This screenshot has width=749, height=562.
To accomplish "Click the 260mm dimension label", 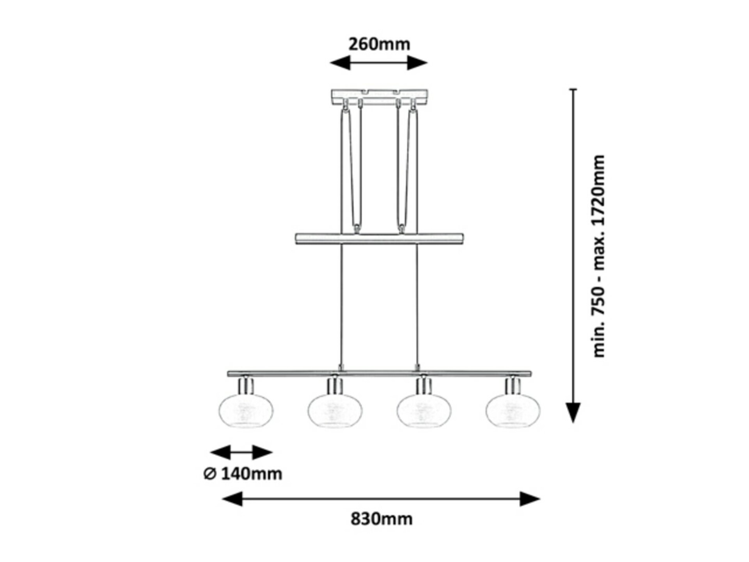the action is [x=379, y=44].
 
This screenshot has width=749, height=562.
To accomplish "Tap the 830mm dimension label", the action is [x=381, y=519].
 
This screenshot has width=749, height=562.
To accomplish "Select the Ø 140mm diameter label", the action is [x=243, y=474].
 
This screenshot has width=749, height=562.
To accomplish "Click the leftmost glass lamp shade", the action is [x=246, y=411].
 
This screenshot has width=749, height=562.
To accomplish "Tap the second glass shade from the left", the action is [x=335, y=411].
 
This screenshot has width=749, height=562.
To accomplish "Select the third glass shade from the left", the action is [x=424, y=411].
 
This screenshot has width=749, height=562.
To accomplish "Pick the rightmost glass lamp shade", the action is [x=513, y=411].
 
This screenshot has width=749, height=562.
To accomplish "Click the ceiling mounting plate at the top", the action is [x=379, y=97].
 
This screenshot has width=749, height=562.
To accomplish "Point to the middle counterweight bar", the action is [x=379, y=239].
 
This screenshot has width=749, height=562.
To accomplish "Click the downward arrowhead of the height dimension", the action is [x=573, y=413].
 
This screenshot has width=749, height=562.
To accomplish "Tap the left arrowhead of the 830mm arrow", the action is [x=233, y=499].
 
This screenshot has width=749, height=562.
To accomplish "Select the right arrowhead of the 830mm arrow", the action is [x=530, y=499].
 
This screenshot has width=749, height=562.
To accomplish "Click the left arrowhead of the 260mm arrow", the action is [x=340, y=62].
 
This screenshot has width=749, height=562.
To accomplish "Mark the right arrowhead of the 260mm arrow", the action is [x=417, y=62].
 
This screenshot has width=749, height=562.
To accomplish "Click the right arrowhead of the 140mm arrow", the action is [x=263, y=452].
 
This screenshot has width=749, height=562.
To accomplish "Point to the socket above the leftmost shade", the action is [x=246, y=385].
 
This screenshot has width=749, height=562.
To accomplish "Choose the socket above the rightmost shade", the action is [x=513, y=385].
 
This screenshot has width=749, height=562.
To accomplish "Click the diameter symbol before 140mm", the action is [x=209, y=474].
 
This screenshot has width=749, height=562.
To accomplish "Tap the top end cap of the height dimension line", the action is [x=573, y=89].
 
